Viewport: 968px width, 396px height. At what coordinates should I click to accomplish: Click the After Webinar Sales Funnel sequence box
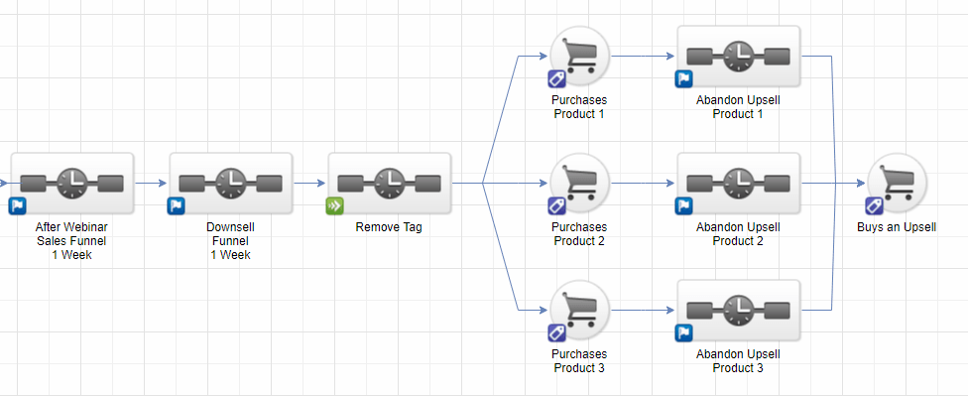(72, 183)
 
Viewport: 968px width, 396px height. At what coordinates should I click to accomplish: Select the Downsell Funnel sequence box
(231, 183)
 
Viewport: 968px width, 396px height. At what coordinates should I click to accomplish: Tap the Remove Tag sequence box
(390, 183)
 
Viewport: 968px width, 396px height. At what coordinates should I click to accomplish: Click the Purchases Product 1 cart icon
(579, 56)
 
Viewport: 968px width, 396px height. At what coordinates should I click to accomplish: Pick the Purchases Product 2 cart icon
(579, 183)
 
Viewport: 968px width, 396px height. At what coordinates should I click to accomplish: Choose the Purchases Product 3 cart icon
(579, 310)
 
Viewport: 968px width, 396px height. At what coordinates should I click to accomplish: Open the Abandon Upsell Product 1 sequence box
(738, 56)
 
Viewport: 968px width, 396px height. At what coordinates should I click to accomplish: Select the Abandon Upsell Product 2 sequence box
(738, 183)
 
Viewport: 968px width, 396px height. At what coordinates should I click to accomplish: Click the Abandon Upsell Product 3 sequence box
(738, 310)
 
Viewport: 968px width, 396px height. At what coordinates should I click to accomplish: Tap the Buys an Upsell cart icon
(897, 183)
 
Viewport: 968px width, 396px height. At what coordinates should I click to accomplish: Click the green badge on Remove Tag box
(334, 206)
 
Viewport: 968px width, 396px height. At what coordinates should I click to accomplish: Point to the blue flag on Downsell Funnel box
(176, 206)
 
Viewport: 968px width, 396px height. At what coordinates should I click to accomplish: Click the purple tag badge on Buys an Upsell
(874, 206)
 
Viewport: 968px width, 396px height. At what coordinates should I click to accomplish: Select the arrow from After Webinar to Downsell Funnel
(151, 183)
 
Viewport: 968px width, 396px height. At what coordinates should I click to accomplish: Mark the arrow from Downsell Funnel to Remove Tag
(309, 183)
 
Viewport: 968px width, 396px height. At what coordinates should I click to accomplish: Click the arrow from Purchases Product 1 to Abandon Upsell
(643, 56)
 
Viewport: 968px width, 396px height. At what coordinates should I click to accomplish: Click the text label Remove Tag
(389, 227)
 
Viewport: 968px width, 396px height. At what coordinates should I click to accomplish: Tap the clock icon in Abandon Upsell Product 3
(738, 310)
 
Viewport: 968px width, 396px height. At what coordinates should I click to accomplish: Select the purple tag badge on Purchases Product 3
(556, 333)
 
